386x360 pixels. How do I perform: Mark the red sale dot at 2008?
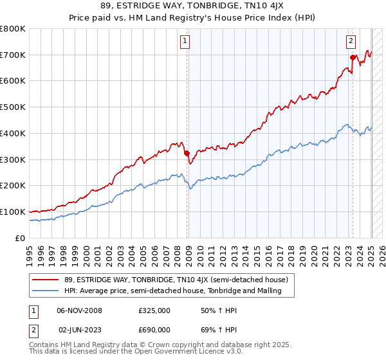(x=187, y=153)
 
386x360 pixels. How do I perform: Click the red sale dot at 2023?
(x=353, y=58)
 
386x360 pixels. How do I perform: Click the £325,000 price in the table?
(x=154, y=310)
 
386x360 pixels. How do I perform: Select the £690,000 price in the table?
(x=154, y=330)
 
